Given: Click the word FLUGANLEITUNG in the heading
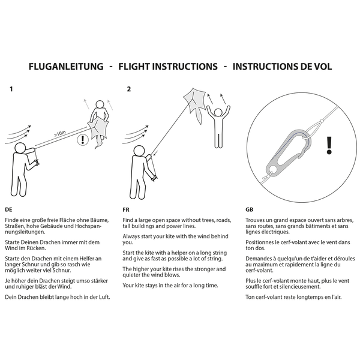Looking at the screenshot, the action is click(x=66, y=67).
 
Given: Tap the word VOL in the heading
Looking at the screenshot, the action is click(x=322, y=67).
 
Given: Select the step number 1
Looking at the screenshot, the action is click(x=11, y=89).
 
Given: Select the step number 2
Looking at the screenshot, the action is click(x=129, y=89).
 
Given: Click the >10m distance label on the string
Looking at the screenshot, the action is click(x=60, y=134).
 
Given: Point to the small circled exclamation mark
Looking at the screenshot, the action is click(x=83, y=140).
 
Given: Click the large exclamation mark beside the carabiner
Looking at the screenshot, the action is click(x=329, y=145).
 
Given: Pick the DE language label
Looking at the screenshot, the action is click(x=8, y=209).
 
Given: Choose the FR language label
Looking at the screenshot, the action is click(x=126, y=209).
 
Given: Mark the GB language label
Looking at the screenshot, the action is click(x=250, y=209).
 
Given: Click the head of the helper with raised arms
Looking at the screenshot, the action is click(x=218, y=113).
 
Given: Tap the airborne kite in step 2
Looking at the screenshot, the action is click(x=194, y=102).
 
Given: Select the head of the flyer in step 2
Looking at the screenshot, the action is click(x=139, y=151).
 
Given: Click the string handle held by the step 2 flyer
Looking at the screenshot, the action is click(x=154, y=178).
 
